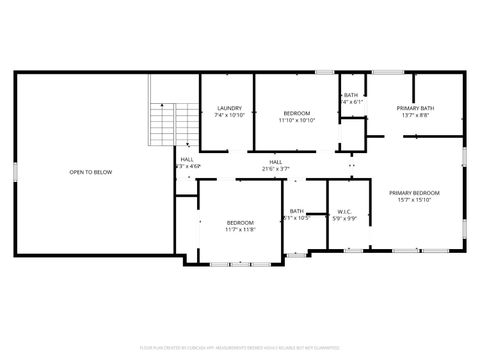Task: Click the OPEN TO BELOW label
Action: pyautogui.click(x=90, y=172)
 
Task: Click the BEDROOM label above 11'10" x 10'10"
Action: pyautogui.click(x=297, y=112)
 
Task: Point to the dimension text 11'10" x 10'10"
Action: pyautogui.click(x=297, y=119)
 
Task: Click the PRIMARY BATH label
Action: pyautogui.click(x=414, y=108)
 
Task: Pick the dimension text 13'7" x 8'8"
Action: pyautogui.click(x=414, y=115)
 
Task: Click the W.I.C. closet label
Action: pyautogui.click(x=344, y=211)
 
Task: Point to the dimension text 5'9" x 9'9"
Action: pyautogui.click(x=344, y=218)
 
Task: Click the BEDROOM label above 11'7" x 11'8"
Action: pyautogui.click(x=240, y=222)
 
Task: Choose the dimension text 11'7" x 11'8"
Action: pyautogui.click(x=240, y=229)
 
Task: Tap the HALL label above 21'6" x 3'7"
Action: pyautogui.click(x=275, y=161)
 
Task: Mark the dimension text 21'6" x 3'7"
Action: pyautogui.click(x=275, y=168)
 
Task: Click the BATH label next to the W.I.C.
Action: pyautogui.click(x=297, y=211)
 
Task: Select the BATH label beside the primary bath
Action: pyautogui.click(x=351, y=95)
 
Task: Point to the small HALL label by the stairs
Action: pyautogui.click(x=188, y=159)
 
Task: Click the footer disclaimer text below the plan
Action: pyautogui.click(x=240, y=347)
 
